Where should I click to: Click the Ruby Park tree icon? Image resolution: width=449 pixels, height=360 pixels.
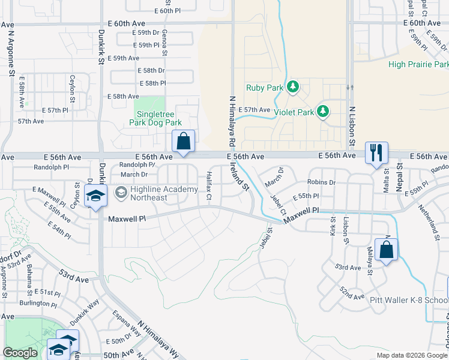point(293,88)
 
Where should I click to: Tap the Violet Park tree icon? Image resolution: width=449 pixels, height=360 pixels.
point(323,112)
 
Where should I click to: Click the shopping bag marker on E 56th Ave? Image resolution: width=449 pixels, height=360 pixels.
point(184,142)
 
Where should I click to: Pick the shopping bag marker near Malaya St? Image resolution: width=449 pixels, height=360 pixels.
point(387,249)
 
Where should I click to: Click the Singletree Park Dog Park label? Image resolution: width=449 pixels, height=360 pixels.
point(155,117)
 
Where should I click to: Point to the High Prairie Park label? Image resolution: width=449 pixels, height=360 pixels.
point(418,64)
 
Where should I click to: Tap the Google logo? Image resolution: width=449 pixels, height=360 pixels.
point(20,353)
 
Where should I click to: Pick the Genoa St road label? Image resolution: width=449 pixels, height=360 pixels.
point(164,43)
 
